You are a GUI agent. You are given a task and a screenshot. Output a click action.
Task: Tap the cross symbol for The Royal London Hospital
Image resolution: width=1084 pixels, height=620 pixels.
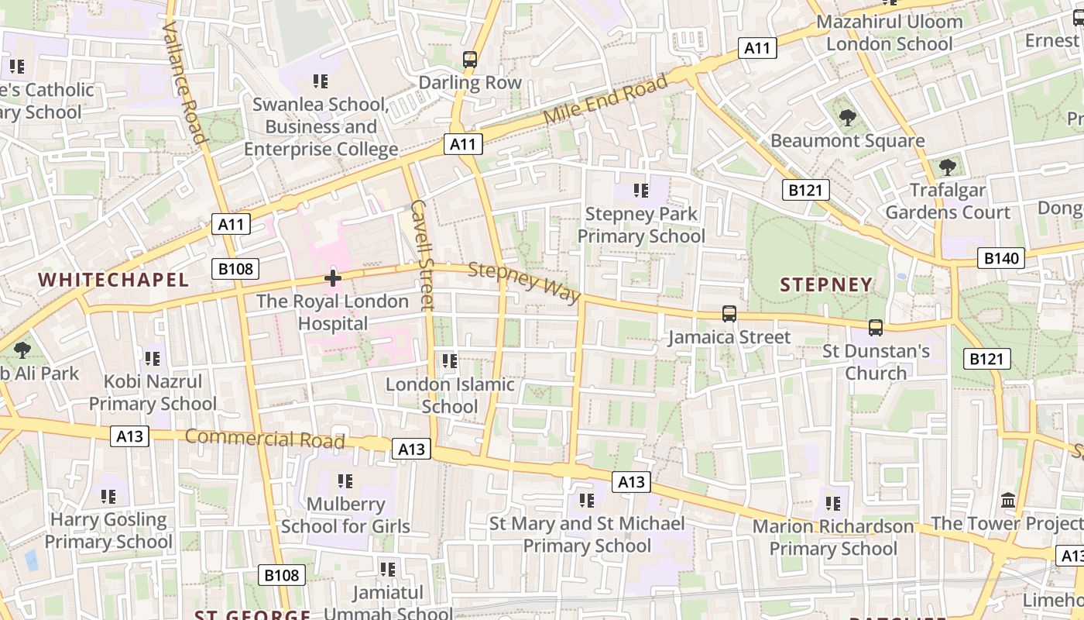tap(333, 278)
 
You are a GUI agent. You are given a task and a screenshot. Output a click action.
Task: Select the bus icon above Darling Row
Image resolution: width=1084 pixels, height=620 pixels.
tap(470, 59)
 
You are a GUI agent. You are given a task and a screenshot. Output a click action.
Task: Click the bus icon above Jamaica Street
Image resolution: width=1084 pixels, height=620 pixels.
tap(729, 314)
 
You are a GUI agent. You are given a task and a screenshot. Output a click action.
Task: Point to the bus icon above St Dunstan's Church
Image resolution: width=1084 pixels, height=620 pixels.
tap(876, 328)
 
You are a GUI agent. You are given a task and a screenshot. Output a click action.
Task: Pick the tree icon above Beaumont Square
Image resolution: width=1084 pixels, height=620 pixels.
tap(848, 118)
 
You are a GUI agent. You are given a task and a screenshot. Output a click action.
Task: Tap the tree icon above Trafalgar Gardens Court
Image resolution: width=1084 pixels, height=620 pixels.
tap(947, 167)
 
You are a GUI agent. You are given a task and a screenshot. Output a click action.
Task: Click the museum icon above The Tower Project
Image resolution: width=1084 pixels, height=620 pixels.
tap(1008, 501)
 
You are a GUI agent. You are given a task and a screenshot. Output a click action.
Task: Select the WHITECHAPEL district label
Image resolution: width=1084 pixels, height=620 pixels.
tap(113, 281)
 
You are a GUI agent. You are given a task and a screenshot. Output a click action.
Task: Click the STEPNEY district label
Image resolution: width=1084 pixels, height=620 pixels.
tap(826, 285)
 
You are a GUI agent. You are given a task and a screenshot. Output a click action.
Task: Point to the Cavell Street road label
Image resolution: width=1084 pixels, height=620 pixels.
tap(423, 255)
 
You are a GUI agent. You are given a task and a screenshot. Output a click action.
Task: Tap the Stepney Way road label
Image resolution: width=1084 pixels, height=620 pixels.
tap(524, 282)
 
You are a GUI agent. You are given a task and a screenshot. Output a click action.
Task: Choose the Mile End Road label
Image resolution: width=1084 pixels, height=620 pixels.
tap(605, 99)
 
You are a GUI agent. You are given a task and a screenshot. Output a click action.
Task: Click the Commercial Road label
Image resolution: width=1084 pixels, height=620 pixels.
tap(265, 438)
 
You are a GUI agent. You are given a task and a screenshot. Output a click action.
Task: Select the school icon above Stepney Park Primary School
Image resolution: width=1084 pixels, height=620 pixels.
tap(640, 190)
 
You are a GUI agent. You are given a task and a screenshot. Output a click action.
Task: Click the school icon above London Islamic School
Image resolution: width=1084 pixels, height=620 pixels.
tap(449, 360)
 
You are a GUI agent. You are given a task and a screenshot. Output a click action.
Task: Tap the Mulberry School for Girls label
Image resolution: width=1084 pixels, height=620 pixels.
tap(345, 515)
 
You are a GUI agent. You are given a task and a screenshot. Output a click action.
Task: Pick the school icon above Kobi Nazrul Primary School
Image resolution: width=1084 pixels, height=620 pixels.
tap(153, 358)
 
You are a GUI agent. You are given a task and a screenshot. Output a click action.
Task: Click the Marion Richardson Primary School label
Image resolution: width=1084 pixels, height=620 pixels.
tap(833, 537)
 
